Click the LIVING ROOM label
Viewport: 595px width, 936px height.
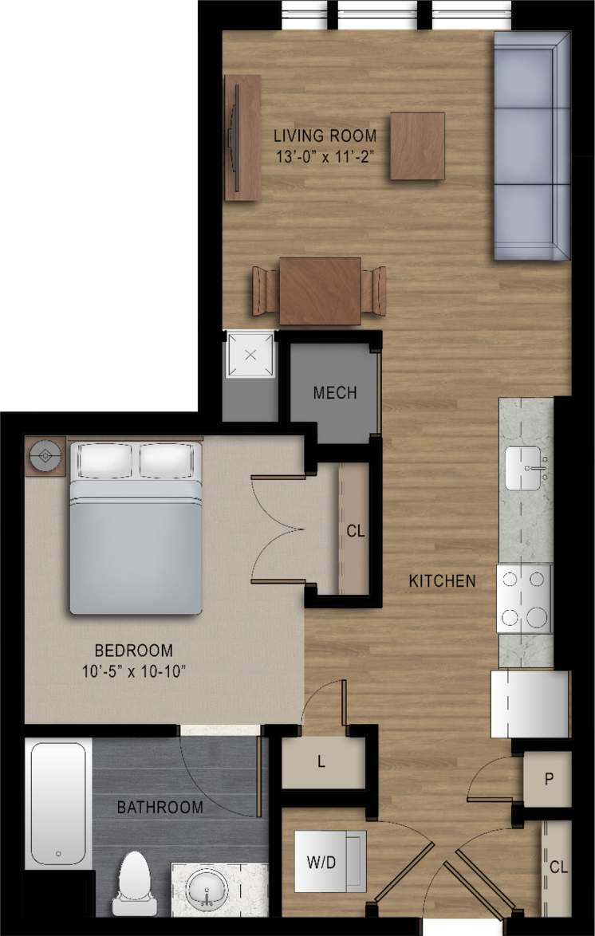click(x=325, y=136)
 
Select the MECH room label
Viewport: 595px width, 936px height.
click(x=334, y=393)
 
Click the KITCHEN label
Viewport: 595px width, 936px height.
click(x=443, y=581)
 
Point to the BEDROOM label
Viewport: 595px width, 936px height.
click(x=133, y=651)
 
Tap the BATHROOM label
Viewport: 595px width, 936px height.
click(x=160, y=808)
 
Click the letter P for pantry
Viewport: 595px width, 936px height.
click(x=549, y=779)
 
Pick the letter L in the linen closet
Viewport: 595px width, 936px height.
click(x=321, y=761)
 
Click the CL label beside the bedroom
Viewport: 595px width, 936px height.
click(x=355, y=531)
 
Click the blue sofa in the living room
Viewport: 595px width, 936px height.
click(x=532, y=145)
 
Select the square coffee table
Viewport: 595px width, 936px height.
click(x=418, y=146)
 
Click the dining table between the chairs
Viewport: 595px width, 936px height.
click(x=319, y=290)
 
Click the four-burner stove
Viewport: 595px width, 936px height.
click(x=525, y=598)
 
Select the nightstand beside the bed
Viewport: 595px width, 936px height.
click(x=45, y=456)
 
